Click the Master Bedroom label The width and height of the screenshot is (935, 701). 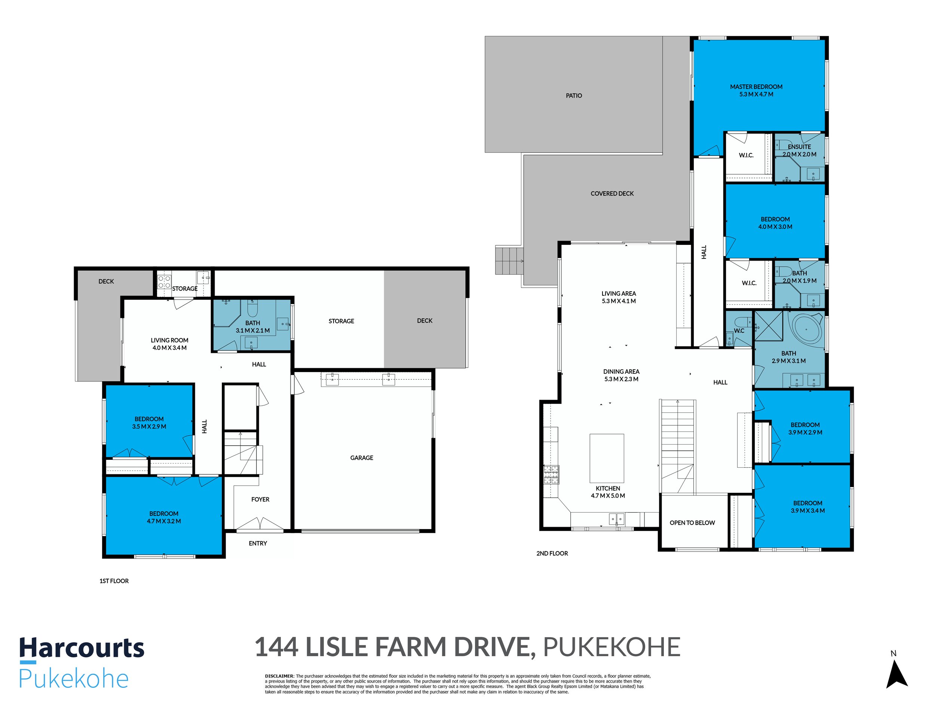point(756,87)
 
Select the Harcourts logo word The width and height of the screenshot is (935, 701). point(82,648)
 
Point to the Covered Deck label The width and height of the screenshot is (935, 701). point(612,194)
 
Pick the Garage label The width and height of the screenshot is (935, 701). point(361,458)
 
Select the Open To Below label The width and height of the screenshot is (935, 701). point(692,523)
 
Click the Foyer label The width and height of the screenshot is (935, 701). point(260,499)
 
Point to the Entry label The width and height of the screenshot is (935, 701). point(258,543)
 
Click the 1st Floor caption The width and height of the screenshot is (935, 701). point(114,581)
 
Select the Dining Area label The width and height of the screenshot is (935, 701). point(621,371)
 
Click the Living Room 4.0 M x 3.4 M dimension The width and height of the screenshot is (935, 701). point(169,348)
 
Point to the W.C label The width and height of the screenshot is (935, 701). point(739,330)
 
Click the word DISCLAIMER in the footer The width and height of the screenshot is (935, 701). point(279,676)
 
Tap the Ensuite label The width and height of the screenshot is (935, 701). point(799,147)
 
